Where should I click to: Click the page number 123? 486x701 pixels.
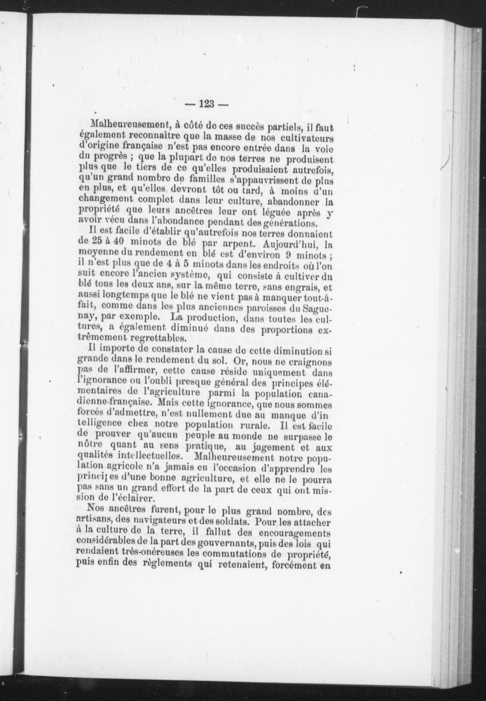click(x=207, y=104)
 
